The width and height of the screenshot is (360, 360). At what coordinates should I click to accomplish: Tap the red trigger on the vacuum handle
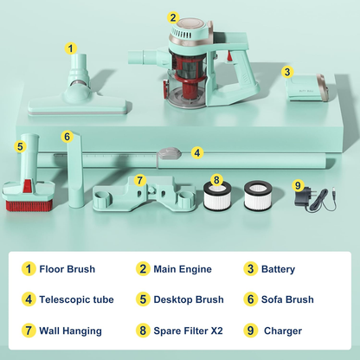(x=229, y=56)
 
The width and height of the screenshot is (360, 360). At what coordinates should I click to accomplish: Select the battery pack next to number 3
(x=307, y=88)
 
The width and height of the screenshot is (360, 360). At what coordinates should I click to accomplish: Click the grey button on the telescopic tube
(x=170, y=153)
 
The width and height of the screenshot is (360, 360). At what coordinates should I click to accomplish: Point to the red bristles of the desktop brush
(x=29, y=205)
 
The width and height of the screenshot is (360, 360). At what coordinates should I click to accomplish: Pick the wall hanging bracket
(x=145, y=194)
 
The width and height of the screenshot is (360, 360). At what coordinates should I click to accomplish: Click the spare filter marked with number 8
(x=216, y=195)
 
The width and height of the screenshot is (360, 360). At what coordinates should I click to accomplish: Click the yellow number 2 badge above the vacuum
(x=173, y=17)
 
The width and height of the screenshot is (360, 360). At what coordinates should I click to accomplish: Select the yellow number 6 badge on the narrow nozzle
(x=67, y=136)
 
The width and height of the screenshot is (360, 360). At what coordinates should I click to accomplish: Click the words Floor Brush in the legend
(x=67, y=269)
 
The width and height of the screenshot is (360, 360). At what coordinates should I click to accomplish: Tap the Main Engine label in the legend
(x=183, y=269)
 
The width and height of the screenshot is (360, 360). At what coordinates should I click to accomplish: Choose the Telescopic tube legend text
(x=76, y=299)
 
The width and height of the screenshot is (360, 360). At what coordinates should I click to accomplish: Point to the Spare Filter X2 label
(x=188, y=331)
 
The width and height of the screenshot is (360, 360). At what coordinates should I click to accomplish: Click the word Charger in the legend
(x=283, y=331)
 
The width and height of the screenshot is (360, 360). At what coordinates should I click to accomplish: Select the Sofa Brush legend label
(x=287, y=299)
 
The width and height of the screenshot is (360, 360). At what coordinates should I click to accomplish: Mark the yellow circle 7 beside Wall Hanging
(x=29, y=331)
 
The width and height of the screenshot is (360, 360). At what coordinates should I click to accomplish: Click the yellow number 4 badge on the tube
(x=197, y=152)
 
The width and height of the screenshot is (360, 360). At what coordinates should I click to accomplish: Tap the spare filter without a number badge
(x=258, y=196)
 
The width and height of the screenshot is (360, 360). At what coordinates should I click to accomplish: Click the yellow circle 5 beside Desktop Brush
(x=143, y=299)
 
